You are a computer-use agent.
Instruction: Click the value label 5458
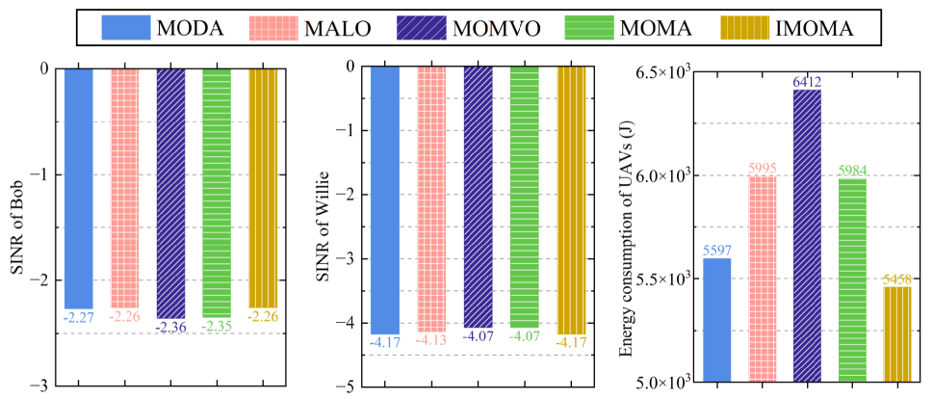[896, 279]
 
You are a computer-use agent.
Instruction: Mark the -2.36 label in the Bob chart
[171, 327]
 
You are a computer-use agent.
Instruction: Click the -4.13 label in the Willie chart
[431, 339]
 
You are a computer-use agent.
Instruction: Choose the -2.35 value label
[217, 326]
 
